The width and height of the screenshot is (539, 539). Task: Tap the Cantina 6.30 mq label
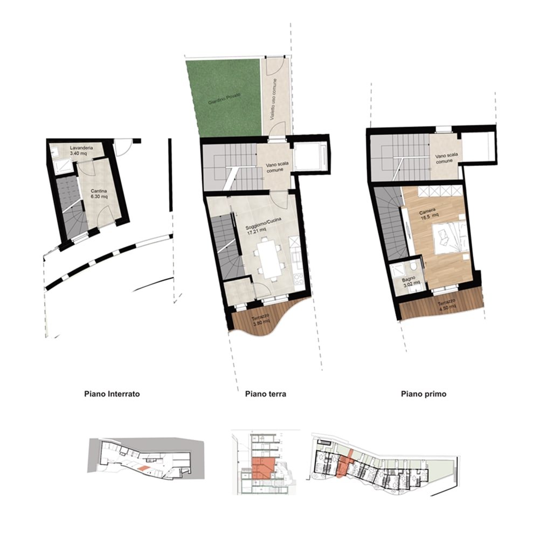(x=99, y=194)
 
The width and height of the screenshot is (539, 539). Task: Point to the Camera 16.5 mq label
(x=429, y=213)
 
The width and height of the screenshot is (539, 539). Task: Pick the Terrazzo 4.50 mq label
(x=447, y=304)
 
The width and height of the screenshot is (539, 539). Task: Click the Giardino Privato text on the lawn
(x=224, y=99)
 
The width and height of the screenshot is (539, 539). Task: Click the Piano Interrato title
(x=112, y=393)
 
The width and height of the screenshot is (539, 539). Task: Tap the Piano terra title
(x=265, y=393)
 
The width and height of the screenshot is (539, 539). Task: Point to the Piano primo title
(x=424, y=393)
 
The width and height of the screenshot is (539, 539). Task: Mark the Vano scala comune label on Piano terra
(x=277, y=167)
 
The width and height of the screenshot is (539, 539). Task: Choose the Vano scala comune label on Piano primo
(x=446, y=158)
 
